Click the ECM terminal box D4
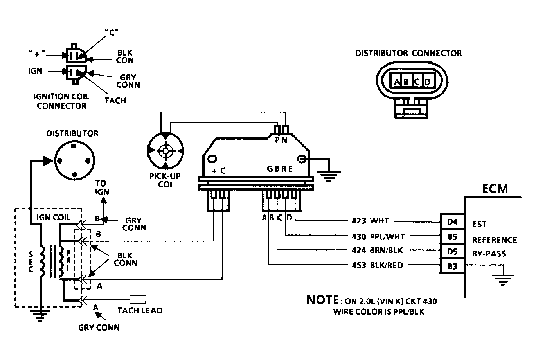(452, 221)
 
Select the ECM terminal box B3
(452, 266)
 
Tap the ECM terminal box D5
(452, 251)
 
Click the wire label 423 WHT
(370, 220)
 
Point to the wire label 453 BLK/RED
(378, 265)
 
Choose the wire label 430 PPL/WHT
(378, 236)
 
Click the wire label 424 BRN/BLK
(377, 250)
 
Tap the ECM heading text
(495, 189)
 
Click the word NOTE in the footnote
(322, 300)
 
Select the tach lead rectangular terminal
(138, 299)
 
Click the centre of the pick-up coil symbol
(165, 151)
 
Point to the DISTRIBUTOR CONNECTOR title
(408, 53)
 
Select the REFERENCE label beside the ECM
(495, 240)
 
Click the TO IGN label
(102, 188)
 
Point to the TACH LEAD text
(140, 310)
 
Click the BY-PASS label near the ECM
(489, 254)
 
